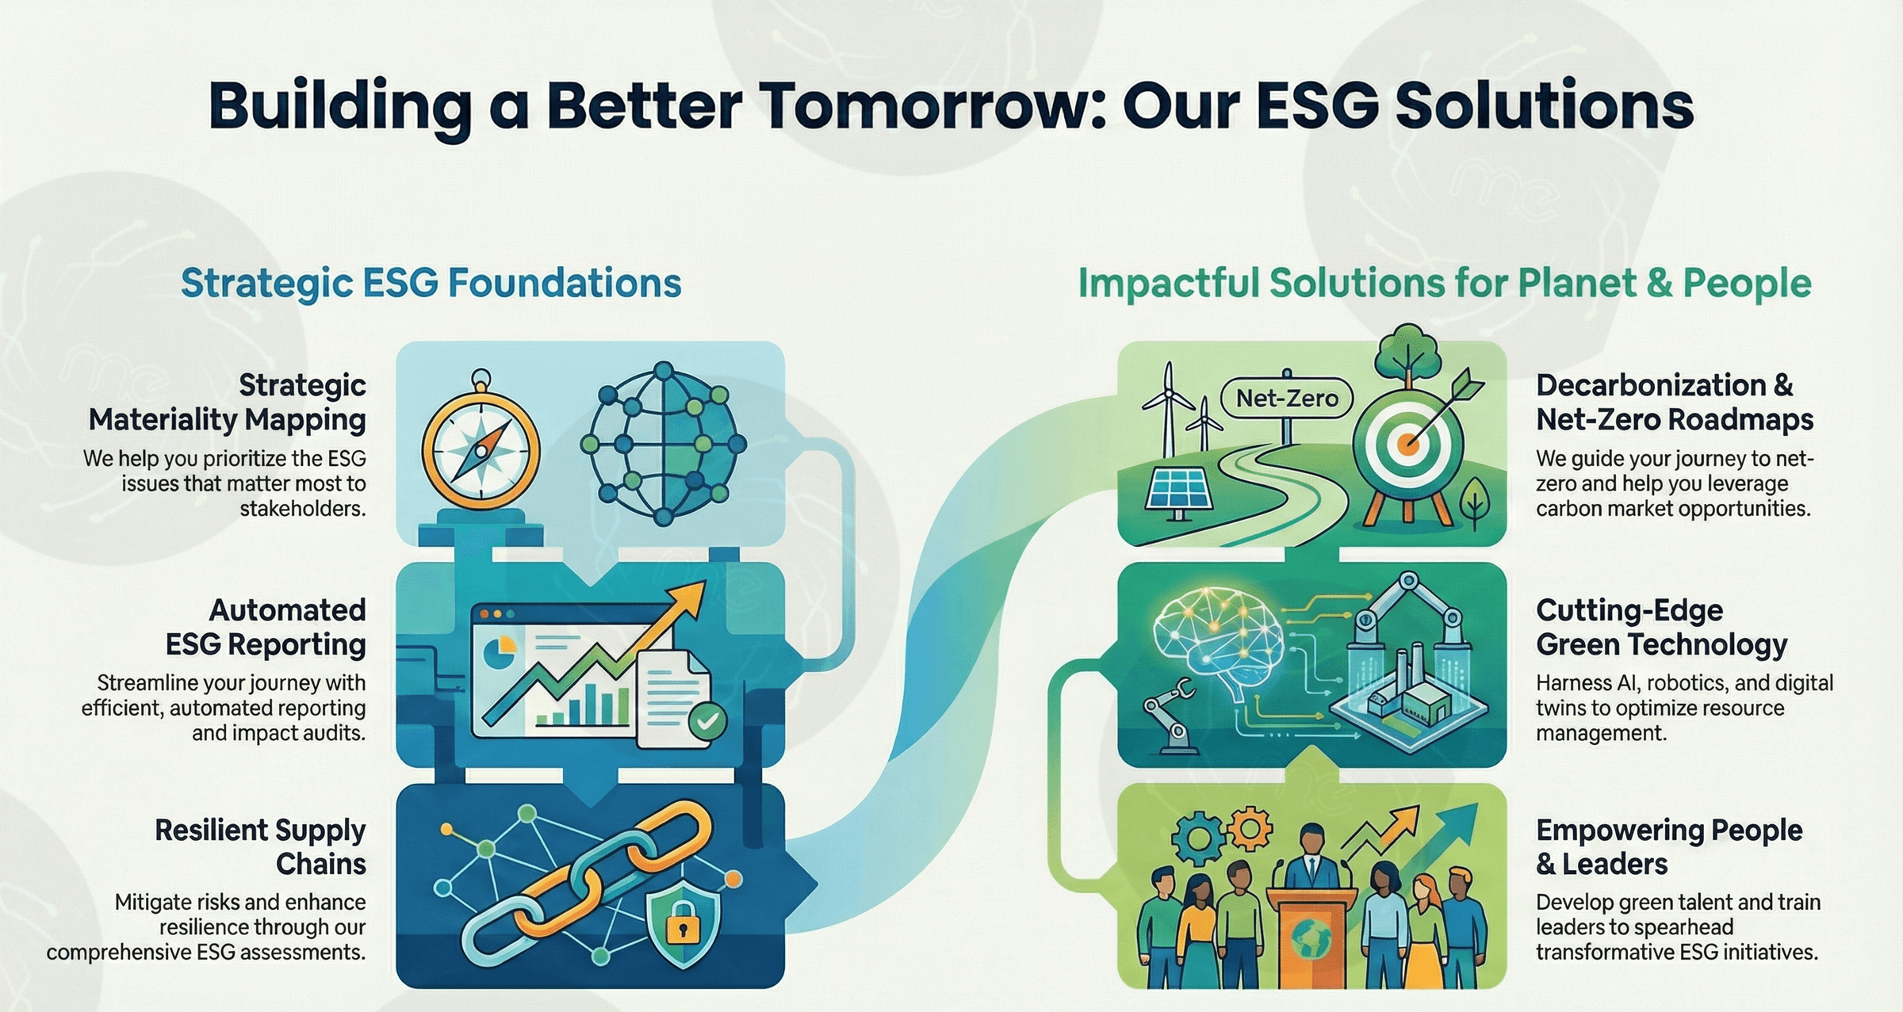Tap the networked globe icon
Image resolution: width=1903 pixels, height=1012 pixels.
(664, 444)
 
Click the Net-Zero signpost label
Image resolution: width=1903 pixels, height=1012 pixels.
(1287, 398)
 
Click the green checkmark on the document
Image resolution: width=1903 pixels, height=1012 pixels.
(706, 720)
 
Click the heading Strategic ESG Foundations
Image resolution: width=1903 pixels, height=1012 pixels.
(431, 283)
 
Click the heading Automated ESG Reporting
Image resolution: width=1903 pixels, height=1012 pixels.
(266, 627)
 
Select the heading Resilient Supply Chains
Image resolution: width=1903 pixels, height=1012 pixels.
(261, 846)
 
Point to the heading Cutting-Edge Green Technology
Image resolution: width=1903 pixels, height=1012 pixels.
(1661, 627)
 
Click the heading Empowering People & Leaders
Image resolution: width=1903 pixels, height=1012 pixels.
(1669, 846)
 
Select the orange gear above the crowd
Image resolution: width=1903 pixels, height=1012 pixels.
(1250, 830)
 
